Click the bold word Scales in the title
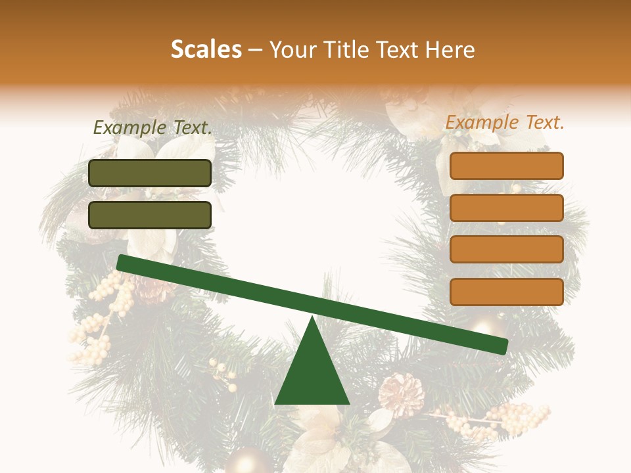point(206,50)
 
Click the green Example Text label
point(152,128)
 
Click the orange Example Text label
point(505,122)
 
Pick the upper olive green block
point(150,173)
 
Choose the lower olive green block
point(150,215)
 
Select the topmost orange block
point(506,166)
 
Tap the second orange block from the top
point(506,208)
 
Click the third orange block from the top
point(506,250)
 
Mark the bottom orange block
point(506,292)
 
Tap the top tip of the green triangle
point(312,319)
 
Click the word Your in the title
point(290,50)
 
